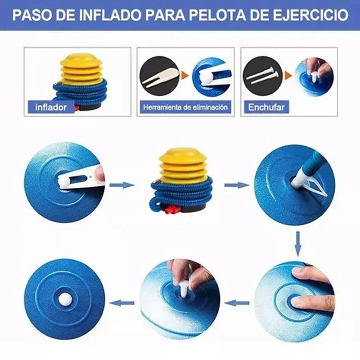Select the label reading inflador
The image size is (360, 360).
(51, 107)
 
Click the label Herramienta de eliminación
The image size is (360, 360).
(185, 107)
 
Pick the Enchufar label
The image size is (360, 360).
(266, 107)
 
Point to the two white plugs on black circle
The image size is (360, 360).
(262, 75)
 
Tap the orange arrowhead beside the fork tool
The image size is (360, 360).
(185, 75)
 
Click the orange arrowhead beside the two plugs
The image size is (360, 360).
(288, 75)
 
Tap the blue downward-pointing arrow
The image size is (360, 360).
(298, 244)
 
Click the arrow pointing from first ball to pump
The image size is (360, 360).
(121, 185)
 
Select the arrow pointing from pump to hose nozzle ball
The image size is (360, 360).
(237, 185)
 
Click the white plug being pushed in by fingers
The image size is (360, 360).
(184, 288)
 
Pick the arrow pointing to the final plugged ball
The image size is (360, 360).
(121, 303)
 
